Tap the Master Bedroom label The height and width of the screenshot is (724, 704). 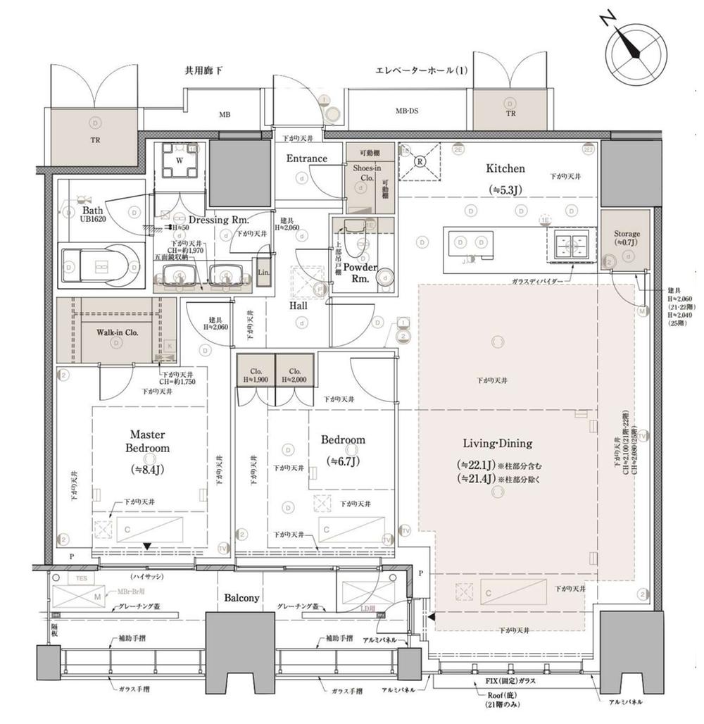148,442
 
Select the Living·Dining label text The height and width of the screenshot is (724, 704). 497,444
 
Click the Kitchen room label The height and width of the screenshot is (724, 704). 505,169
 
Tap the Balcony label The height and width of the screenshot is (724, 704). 241,598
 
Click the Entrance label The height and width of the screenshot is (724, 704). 306,159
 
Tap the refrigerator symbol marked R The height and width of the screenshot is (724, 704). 420,161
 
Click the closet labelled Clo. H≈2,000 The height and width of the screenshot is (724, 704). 294,375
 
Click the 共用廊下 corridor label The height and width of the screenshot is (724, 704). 203,71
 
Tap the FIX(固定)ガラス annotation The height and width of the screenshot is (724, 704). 512,682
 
